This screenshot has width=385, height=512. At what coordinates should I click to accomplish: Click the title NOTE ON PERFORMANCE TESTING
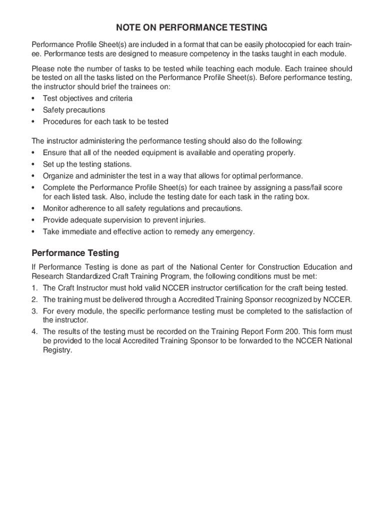[x=192, y=27]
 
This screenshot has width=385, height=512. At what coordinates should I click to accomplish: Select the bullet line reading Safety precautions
[x=74, y=110]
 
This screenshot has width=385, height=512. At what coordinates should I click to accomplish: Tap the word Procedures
[x=61, y=121]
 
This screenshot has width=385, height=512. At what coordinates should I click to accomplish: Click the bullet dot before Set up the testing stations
[x=33, y=164]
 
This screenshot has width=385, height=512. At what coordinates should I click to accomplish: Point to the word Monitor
[x=56, y=208]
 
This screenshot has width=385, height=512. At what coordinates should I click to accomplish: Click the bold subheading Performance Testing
[x=75, y=253]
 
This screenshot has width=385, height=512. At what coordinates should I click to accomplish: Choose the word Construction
[x=276, y=267]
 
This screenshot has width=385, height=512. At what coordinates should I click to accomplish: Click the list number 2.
[x=34, y=299]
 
